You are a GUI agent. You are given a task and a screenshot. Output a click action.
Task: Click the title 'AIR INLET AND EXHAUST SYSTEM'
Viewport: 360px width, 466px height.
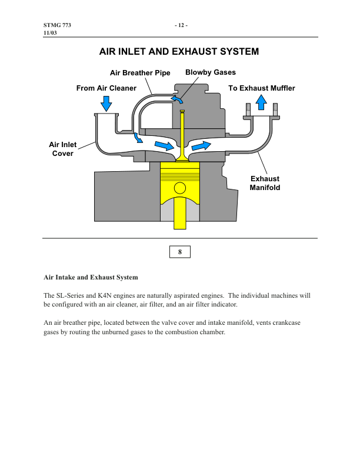[180, 52]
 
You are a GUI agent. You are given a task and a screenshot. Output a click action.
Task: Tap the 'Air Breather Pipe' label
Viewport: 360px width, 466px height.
[140, 73]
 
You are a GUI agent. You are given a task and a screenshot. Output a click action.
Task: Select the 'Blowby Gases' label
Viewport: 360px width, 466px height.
[210, 72]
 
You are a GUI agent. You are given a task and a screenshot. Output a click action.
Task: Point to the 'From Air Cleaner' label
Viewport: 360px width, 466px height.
[106, 88]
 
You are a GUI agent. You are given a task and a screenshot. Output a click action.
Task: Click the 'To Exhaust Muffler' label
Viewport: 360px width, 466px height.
[261, 88]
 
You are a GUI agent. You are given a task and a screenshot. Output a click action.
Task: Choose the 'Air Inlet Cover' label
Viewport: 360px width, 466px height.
[62, 149]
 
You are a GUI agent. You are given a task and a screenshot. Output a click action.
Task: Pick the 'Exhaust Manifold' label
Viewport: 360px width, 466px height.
[265, 183]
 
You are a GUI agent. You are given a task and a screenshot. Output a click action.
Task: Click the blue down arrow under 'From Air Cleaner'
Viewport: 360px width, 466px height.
[106, 104]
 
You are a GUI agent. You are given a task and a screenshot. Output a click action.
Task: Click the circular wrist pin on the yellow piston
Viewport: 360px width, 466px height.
[180, 188]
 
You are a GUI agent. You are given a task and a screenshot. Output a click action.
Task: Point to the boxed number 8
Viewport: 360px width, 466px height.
[180, 252]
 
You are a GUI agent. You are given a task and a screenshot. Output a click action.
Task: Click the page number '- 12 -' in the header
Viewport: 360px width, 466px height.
[180, 26]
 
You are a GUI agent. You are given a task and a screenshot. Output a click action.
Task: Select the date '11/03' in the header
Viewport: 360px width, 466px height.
[51, 34]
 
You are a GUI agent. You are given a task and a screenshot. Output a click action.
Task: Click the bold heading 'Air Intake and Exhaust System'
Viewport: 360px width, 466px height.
[91, 277]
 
